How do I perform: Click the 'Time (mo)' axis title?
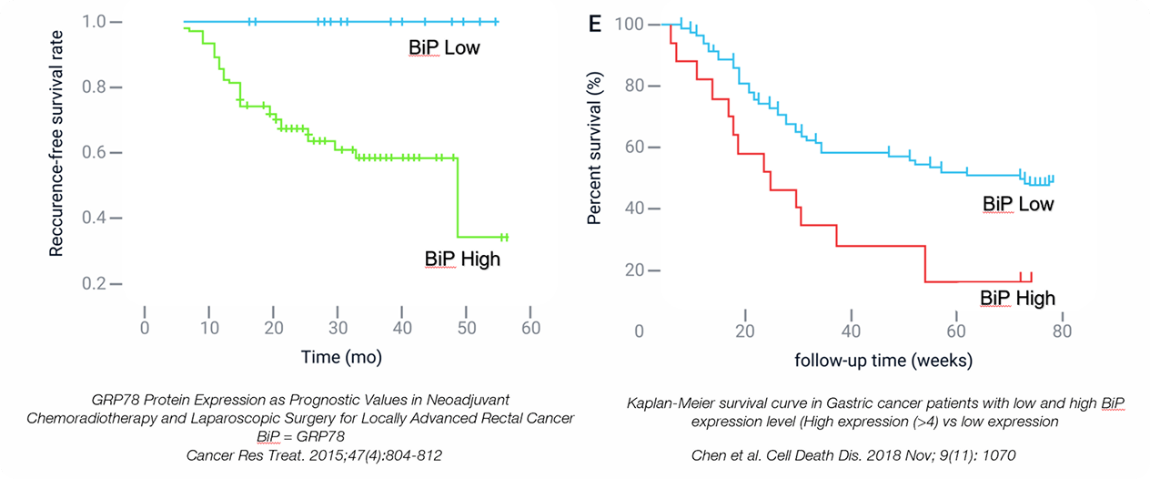[341, 358]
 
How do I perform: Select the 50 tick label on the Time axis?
[466, 327]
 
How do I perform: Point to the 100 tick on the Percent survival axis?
[630, 24]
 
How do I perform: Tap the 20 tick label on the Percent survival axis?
[635, 270]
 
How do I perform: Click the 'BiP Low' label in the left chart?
[443, 47]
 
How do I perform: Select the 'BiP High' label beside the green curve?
[462, 259]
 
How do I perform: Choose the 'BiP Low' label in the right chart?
[1017, 204]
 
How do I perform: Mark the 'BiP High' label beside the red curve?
[1017, 298]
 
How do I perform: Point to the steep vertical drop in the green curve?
[457, 197]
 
